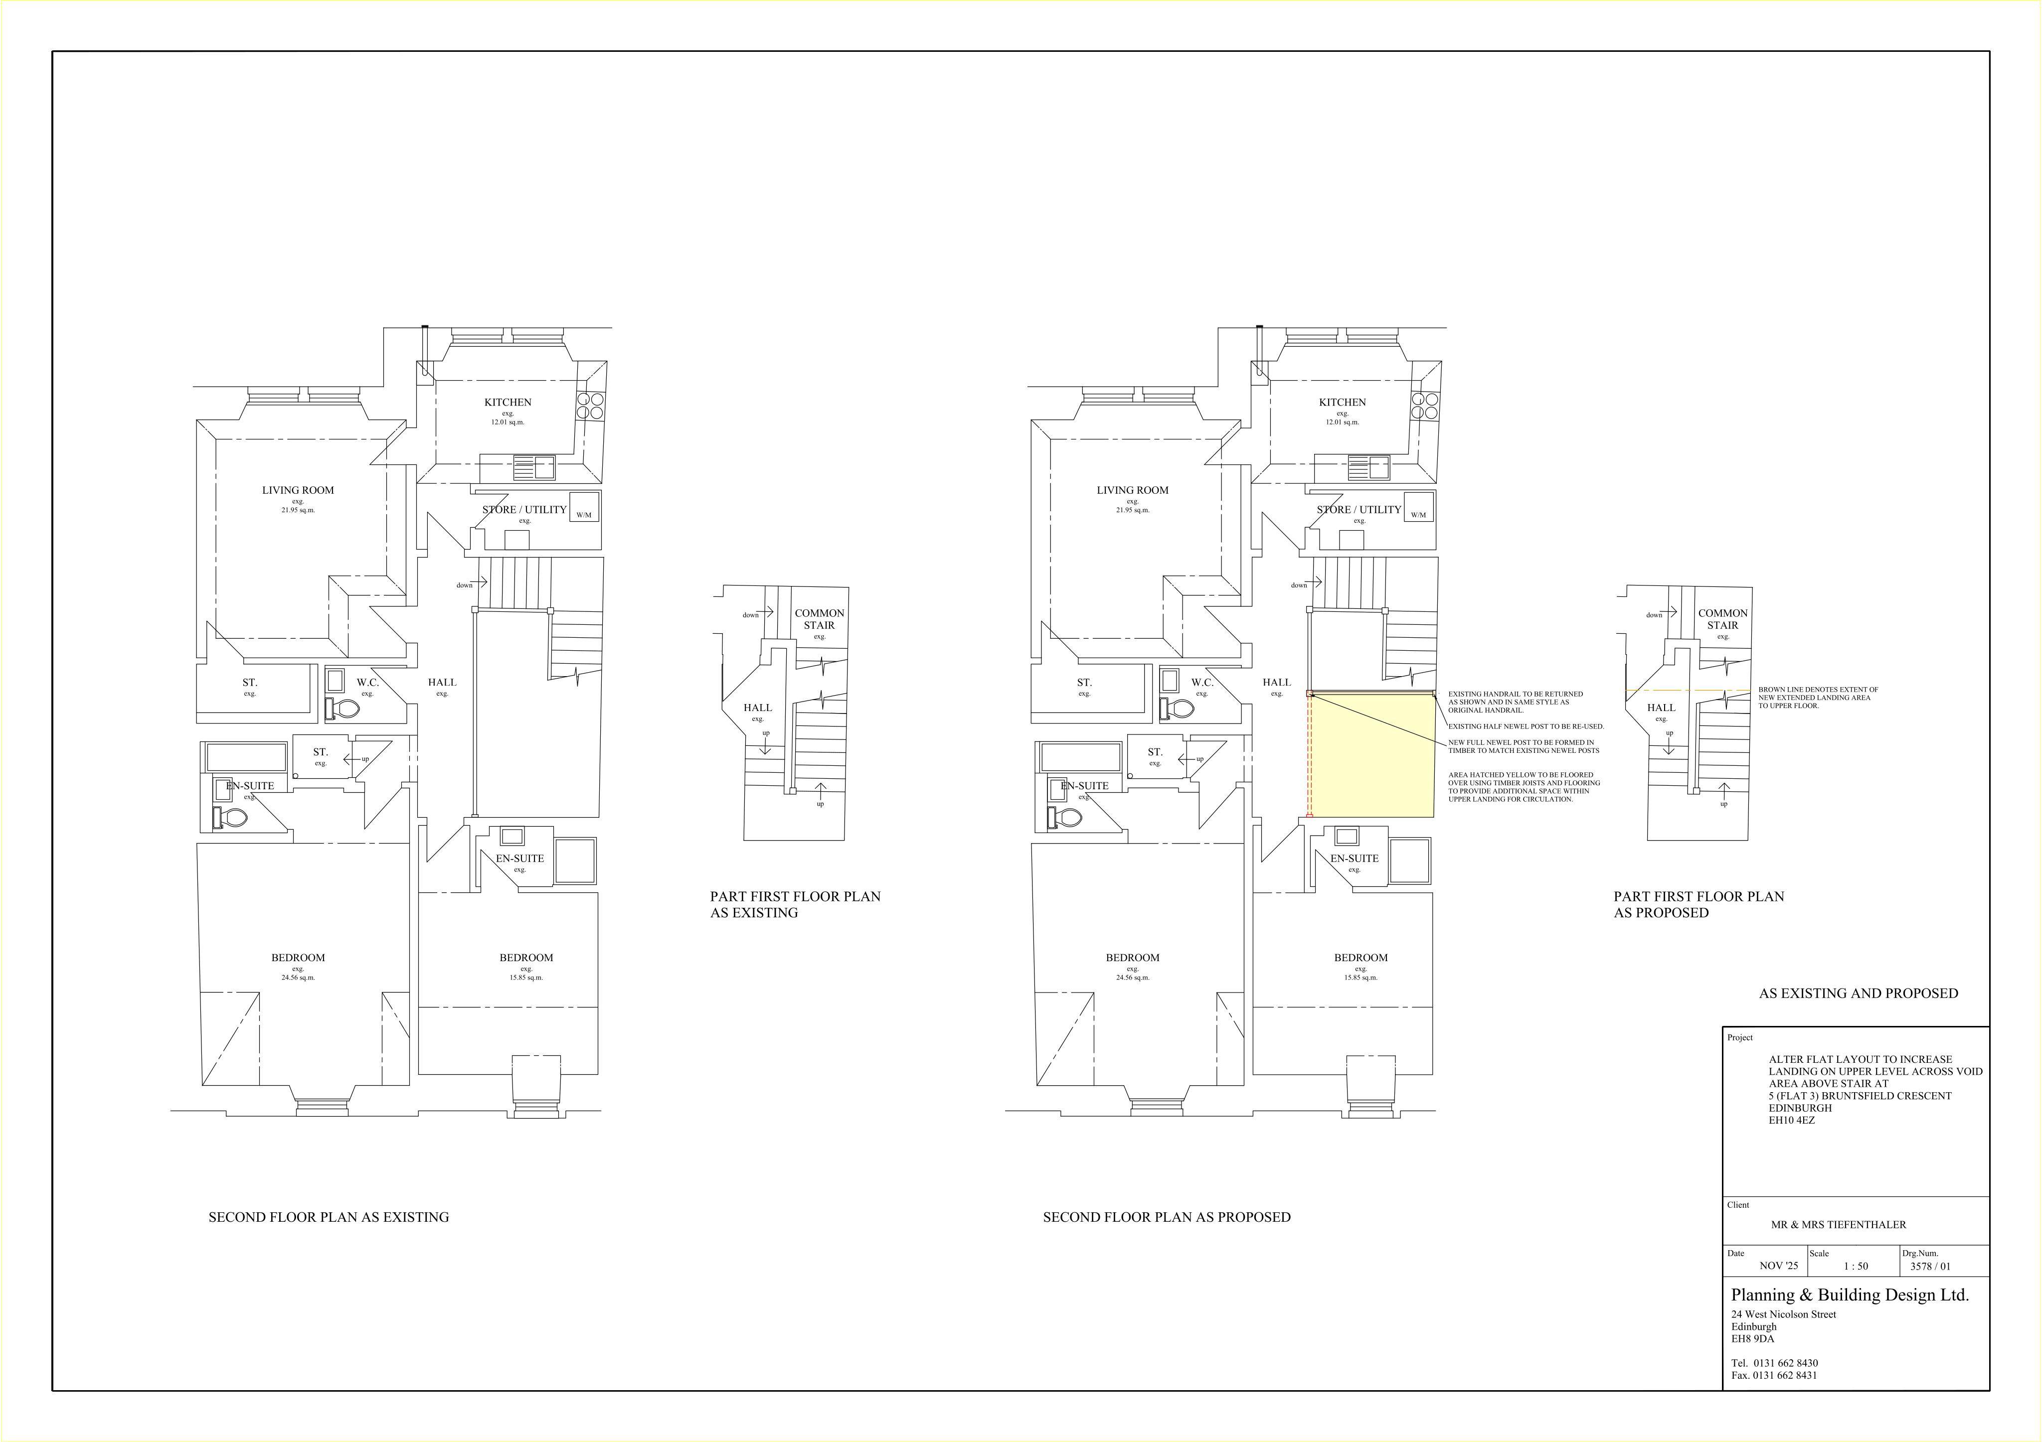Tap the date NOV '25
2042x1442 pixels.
point(1779,1266)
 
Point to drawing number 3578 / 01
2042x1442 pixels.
point(1930,1266)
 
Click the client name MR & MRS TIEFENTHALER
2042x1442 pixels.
point(1838,1224)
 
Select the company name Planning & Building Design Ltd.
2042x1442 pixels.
point(1850,1295)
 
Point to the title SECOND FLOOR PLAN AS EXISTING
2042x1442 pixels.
point(329,1217)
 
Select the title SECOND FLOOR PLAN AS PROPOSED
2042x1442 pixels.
point(1167,1217)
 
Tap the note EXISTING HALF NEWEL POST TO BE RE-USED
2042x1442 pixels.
point(1526,726)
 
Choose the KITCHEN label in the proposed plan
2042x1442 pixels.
point(1342,402)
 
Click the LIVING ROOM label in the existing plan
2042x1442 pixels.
point(298,490)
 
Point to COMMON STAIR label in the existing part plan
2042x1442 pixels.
point(819,619)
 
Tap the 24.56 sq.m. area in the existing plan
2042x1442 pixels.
point(298,977)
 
